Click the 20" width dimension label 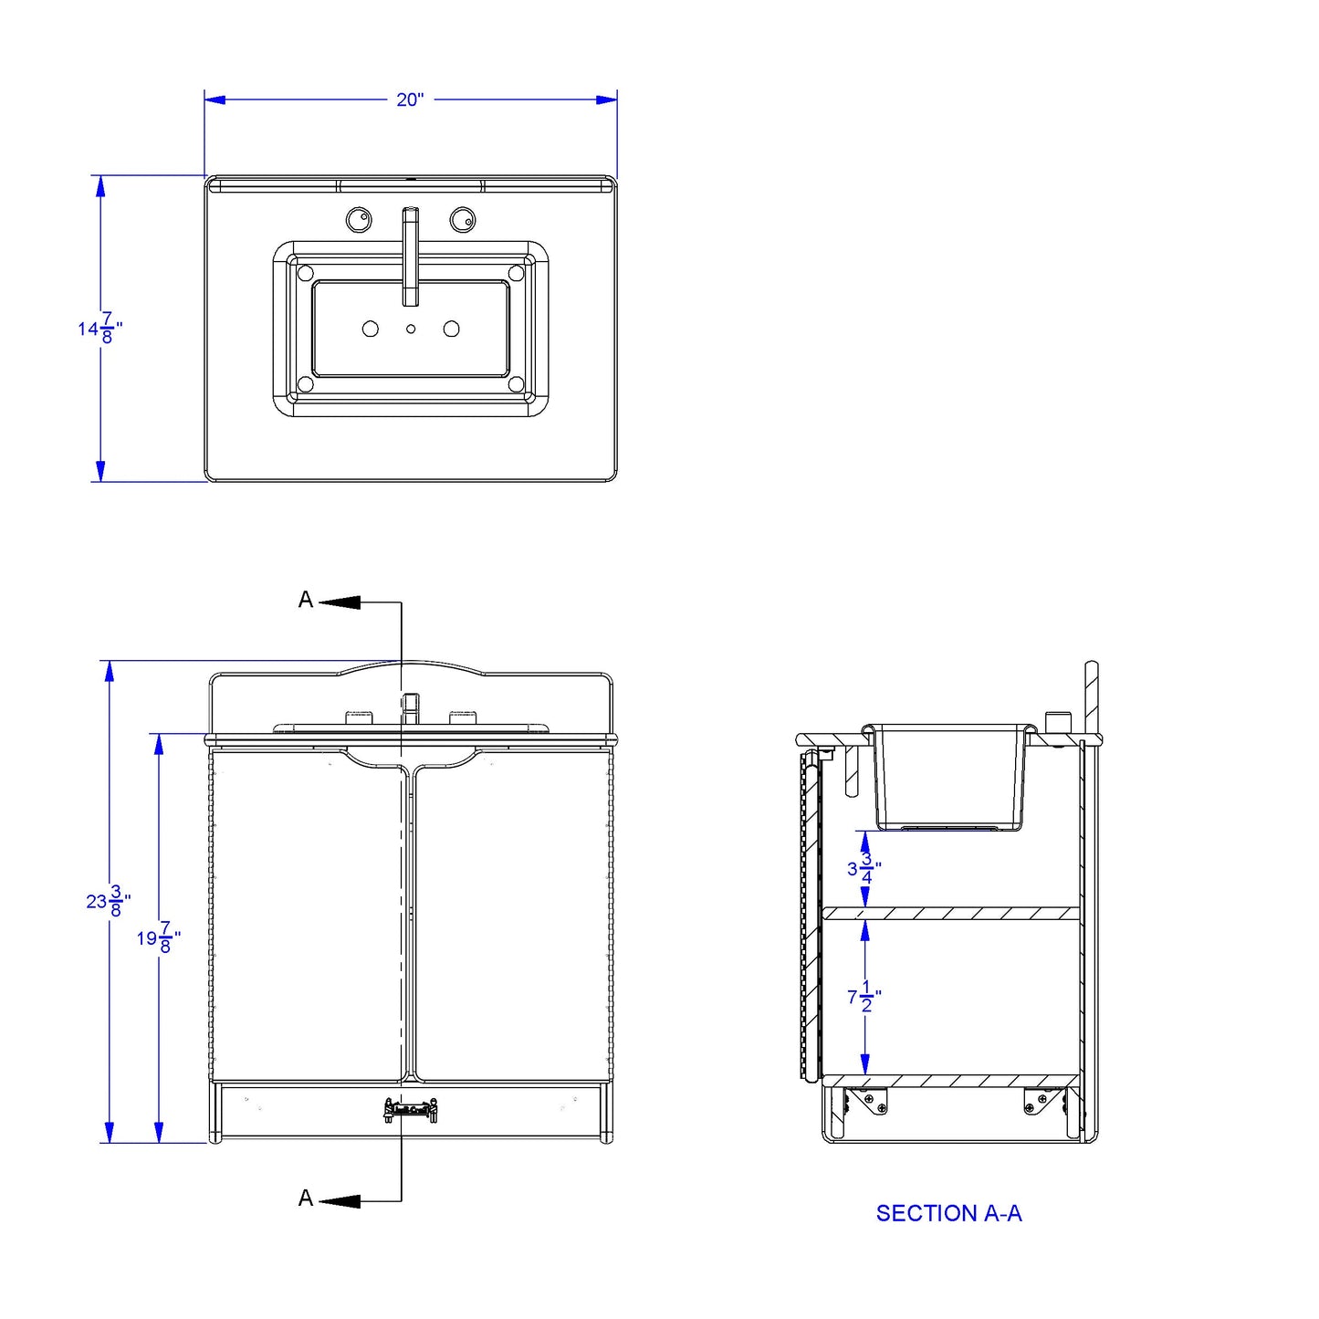click(410, 99)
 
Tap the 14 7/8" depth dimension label click(99, 328)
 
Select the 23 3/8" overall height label click(108, 900)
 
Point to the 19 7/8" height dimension click(158, 937)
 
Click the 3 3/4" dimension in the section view click(864, 868)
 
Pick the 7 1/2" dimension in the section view click(864, 997)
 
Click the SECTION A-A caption click(948, 1213)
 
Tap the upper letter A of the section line click(305, 600)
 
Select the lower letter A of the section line click(305, 1198)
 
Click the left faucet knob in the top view click(358, 219)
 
